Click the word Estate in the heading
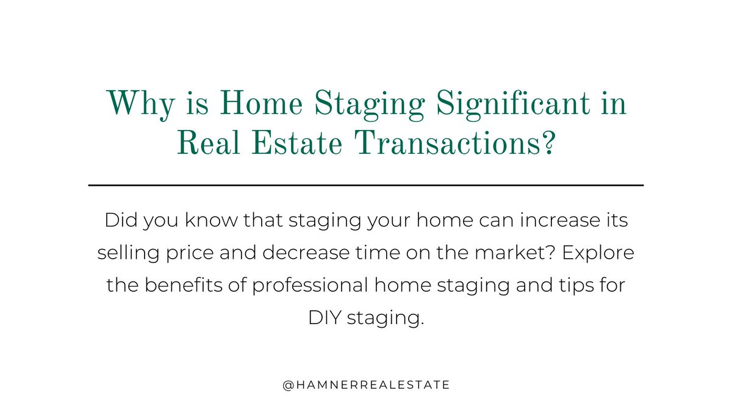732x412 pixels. point(290,144)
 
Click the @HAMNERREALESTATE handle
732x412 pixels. point(366,385)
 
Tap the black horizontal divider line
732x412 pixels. point(366,184)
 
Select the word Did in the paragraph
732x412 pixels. point(119,220)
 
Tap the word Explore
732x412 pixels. point(603,252)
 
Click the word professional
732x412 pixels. point(304,284)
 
